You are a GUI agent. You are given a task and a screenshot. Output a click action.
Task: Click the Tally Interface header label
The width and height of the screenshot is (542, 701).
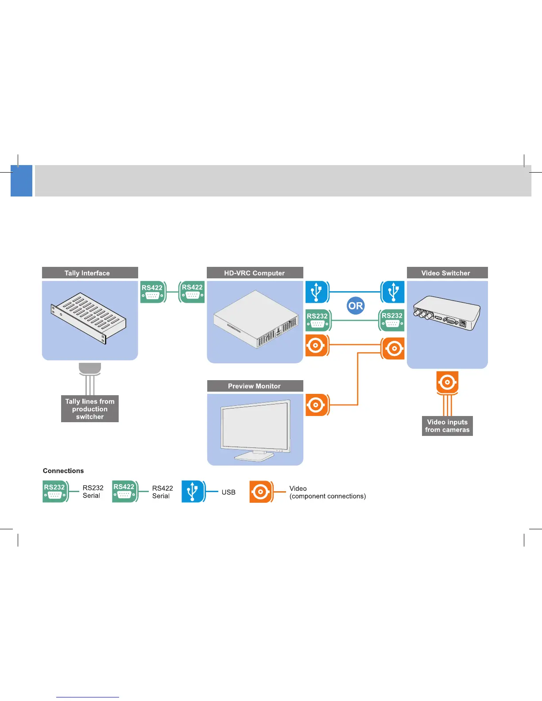point(87,273)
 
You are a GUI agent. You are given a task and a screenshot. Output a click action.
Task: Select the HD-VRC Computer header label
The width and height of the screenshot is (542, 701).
point(255,273)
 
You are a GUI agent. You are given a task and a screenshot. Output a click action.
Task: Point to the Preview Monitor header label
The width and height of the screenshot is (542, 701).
point(255,386)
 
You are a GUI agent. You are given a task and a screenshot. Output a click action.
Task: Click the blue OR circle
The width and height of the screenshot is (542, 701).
point(356,306)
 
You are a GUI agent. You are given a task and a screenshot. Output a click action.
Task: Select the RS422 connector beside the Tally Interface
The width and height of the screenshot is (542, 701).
point(153,292)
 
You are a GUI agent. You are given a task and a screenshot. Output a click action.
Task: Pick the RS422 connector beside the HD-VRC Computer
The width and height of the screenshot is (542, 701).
point(192,292)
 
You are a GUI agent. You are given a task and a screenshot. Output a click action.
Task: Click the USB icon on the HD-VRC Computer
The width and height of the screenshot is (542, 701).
point(317,292)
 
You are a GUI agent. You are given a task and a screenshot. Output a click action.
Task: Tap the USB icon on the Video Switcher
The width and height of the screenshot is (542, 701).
point(393,292)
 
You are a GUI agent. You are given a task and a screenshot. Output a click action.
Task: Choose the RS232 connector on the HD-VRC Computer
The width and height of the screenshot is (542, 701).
point(318,320)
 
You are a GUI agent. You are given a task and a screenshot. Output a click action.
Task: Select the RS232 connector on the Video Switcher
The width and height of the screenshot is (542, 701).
point(392,320)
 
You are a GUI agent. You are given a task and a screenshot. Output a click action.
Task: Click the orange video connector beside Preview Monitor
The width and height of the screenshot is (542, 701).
point(317,405)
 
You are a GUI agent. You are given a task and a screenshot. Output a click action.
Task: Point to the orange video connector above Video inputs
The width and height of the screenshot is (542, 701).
point(447,382)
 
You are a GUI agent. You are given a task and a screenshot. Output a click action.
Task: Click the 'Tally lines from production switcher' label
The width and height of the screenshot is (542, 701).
point(90,409)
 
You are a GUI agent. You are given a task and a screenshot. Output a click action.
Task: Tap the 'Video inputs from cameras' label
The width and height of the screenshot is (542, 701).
point(447,426)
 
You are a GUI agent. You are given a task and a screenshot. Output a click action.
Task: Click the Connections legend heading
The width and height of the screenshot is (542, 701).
point(63,471)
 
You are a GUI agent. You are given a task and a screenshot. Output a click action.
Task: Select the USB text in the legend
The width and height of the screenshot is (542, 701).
point(228,492)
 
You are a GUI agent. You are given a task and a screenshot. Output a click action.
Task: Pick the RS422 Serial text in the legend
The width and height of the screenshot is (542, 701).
point(163,492)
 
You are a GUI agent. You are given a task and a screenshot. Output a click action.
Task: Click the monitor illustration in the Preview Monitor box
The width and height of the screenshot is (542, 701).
point(256,429)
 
